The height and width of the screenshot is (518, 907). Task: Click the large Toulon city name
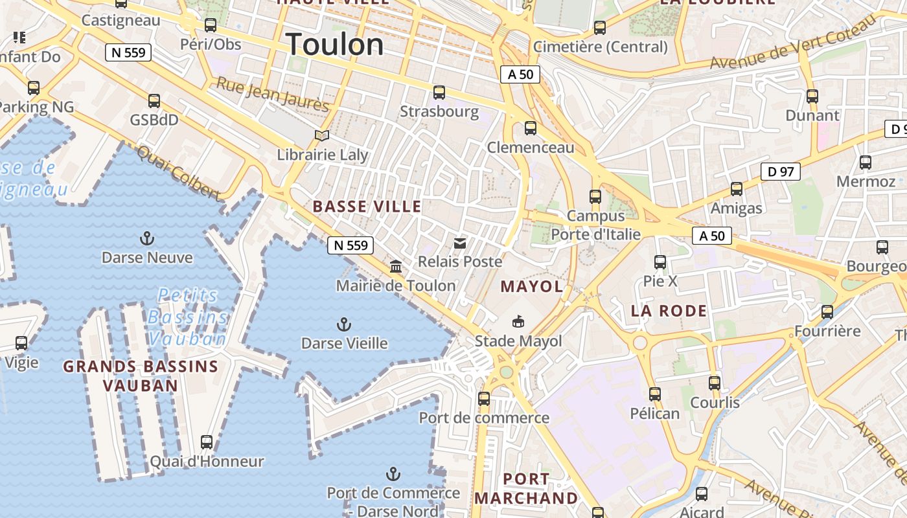pyautogui.click(x=335, y=44)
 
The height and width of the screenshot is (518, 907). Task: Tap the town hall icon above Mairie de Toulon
pyautogui.click(x=395, y=266)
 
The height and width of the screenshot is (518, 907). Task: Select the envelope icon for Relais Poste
pyautogui.click(x=460, y=243)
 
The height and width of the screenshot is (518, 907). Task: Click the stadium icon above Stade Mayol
pyautogui.click(x=518, y=321)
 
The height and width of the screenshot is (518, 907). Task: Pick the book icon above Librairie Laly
pyautogui.click(x=322, y=135)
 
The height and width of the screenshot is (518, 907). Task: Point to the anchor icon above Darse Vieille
pyautogui.click(x=344, y=324)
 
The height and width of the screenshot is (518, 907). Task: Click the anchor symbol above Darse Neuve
pyautogui.click(x=147, y=238)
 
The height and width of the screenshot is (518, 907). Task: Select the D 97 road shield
pyautogui.click(x=780, y=172)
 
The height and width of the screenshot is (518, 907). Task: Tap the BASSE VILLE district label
pyautogui.click(x=367, y=207)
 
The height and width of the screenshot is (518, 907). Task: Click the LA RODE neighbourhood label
pyautogui.click(x=669, y=311)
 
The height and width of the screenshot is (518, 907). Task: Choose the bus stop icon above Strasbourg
pyautogui.click(x=439, y=92)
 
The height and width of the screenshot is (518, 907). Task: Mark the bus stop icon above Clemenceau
pyautogui.click(x=531, y=128)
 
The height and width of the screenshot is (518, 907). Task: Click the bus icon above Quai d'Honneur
pyautogui.click(x=207, y=442)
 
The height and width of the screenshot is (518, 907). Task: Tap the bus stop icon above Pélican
pyautogui.click(x=655, y=394)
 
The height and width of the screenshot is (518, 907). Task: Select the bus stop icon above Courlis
pyautogui.click(x=715, y=383)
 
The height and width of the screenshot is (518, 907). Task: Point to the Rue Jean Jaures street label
pyautogui.click(x=273, y=94)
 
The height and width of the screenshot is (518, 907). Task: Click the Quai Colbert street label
pyautogui.click(x=178, y=171)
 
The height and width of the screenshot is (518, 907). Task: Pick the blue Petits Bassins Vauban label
pyautogui.click(x=187, y=317)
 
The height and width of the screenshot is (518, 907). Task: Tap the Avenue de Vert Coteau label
pyautogui.click(x=793, y=44)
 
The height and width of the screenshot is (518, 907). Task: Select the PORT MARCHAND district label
pyautogui.click(x=526, y=488)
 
